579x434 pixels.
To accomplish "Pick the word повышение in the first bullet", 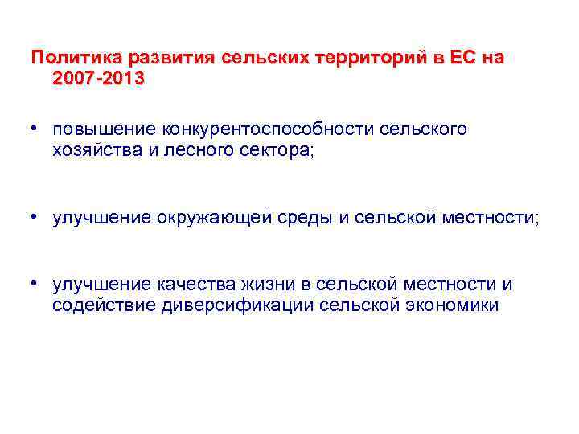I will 102,129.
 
